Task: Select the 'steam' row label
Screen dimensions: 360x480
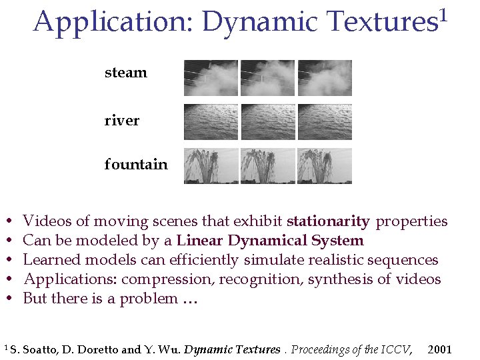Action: click(125, 73)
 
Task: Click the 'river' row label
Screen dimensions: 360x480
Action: click(122, 121)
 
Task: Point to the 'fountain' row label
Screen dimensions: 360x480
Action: click(136, 164)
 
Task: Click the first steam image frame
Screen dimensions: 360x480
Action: click(211, 78)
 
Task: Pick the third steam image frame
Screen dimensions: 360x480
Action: click(325, 78)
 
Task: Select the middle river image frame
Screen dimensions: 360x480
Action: click(267, 122)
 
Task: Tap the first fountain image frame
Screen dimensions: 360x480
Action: click(211, 165)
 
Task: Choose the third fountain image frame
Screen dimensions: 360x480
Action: click(325, 165)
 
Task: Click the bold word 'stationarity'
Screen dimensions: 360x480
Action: click(328, 221)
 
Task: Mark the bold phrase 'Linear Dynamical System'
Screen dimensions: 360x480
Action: click(270, 241)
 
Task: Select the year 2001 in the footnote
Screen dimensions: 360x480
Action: click(439, 349)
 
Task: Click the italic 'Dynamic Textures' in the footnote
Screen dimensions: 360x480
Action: click(231, 349)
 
